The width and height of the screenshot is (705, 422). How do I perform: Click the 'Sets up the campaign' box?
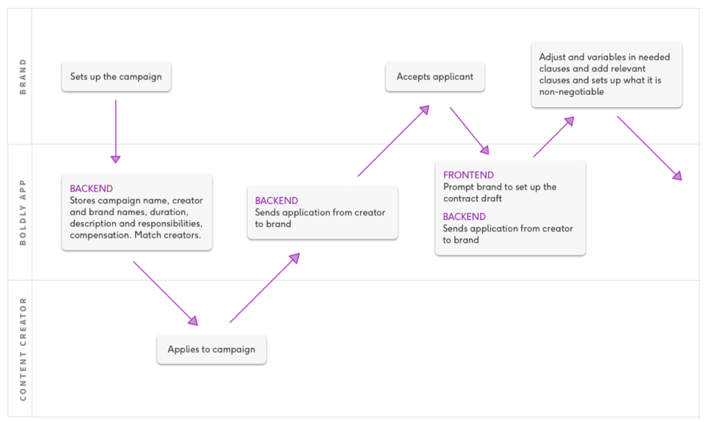coord(116,77)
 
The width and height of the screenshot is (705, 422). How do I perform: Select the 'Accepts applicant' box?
coord(435,77)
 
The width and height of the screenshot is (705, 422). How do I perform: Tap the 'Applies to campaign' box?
coord(211,349)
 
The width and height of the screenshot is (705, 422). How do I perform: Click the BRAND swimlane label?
coord(23,76)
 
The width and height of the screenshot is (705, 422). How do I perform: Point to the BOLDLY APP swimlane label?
coord(23,212)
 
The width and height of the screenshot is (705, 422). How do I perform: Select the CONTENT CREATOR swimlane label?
coord(23,349)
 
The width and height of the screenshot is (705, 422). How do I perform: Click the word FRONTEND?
coord(468,175)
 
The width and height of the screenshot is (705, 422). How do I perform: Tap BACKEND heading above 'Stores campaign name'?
coord(92,188)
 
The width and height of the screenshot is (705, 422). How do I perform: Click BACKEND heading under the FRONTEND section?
coord(465,216)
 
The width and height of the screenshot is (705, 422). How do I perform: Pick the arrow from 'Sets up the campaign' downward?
coord(116,131)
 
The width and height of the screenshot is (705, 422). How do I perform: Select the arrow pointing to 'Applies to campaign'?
coord(165,293)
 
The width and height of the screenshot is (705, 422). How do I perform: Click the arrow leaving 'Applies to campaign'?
coord(265,288)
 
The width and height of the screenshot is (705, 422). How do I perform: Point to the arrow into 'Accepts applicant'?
coord(393,141)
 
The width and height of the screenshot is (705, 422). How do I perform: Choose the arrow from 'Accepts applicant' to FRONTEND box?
coord(470,131)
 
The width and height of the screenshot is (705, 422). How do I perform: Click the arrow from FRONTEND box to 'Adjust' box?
coord(554,137)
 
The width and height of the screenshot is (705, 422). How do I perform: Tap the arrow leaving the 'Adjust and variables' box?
coord(650,148)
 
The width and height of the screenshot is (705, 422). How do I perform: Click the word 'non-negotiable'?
coord(571,92)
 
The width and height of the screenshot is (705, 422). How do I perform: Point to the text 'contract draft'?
coord(472,199)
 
